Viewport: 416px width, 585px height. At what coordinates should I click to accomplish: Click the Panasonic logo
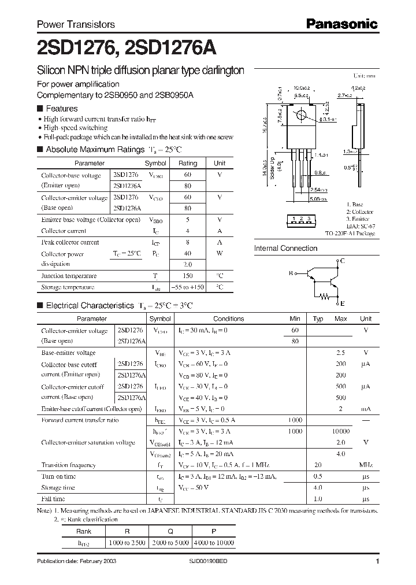coord(341,24)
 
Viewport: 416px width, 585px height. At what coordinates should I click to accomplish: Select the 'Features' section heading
coord(61,109)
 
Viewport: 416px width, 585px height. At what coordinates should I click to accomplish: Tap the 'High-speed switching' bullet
coord(76,128)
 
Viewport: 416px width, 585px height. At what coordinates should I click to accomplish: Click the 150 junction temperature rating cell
coord(188,276)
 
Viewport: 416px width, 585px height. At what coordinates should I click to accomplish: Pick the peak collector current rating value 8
coord(188,243)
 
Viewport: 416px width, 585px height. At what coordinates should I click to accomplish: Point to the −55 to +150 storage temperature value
coord(188,287)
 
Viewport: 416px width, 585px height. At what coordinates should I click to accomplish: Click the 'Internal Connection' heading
coord(285,249)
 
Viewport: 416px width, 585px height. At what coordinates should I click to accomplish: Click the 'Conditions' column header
coord(229,319)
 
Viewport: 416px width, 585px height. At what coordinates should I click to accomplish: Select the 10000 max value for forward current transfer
coord(340,431)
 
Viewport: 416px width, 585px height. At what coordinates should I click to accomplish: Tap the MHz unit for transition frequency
coord(366,465)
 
